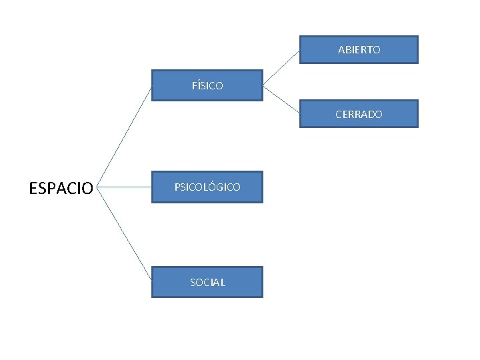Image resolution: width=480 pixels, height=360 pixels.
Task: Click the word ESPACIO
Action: click(61, 188)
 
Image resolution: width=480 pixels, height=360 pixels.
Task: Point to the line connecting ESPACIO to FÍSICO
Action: click(125, 137)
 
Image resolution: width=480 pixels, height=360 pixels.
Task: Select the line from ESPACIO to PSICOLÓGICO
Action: click(125, 187)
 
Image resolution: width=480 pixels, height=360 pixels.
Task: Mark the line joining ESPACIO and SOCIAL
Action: click(125, 234)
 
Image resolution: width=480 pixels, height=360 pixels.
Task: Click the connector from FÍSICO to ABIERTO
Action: click(281, 67)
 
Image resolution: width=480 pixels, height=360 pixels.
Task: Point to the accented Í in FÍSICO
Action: click(198, 85)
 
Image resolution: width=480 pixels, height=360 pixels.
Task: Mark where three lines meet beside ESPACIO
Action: click(98, 187)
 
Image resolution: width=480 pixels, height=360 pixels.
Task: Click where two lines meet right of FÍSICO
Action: click(263, 85)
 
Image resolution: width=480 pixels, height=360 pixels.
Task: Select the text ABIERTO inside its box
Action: click(359, 50)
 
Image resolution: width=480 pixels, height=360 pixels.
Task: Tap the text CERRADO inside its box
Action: click(359, 114)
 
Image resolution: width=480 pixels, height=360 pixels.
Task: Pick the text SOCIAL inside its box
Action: click(207, 282)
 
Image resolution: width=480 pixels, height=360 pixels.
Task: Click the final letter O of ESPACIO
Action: click(88, 188)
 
